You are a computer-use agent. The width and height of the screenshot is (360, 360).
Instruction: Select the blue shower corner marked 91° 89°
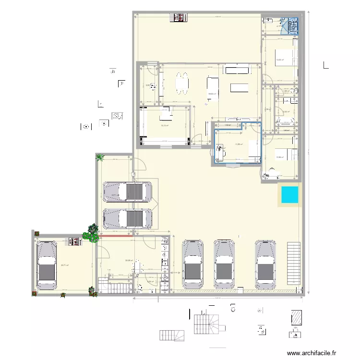292,25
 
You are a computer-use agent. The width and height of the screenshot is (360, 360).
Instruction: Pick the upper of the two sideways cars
128,191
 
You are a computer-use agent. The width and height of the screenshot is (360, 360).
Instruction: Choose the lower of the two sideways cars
128,217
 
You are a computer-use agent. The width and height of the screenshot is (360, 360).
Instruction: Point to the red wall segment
115,236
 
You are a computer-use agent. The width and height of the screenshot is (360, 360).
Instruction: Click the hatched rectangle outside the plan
296,318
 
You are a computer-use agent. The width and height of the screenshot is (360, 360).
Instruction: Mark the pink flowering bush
89,236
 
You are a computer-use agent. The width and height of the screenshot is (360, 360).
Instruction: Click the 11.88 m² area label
239,144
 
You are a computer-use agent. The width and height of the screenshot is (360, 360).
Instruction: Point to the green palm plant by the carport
100,157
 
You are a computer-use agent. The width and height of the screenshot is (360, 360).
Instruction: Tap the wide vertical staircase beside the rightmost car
292,265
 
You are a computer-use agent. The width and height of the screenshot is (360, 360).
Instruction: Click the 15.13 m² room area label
164,126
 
